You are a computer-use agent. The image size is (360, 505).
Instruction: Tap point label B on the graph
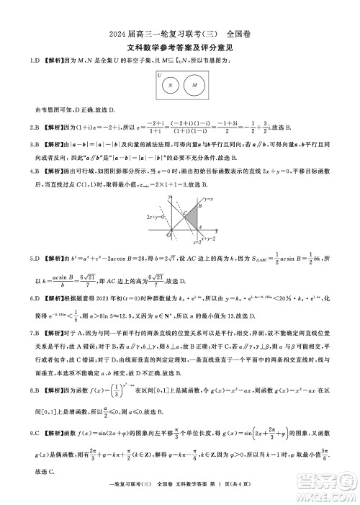201,204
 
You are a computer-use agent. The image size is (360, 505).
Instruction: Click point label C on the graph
185,213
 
